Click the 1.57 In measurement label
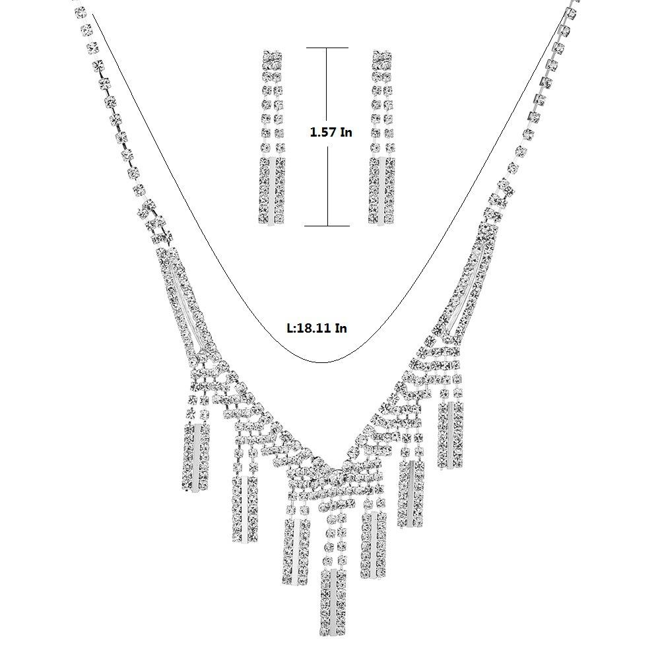tap(331, 132)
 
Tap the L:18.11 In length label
tap(317, 327)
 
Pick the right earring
tap(382, 138)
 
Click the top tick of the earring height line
tap(327, 48)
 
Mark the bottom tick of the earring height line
tap(327, 226)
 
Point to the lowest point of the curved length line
tap(321, 362)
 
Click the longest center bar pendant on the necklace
tap(333, 601)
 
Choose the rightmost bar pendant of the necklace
tap(450, 435)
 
